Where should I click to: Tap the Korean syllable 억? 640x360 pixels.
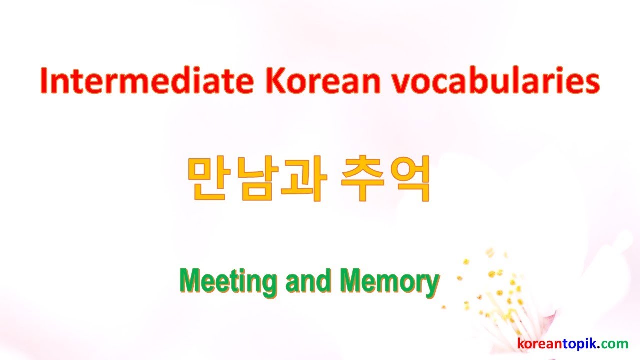click(x=408, y=180)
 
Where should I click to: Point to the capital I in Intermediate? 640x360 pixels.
click(x=44, y=82)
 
